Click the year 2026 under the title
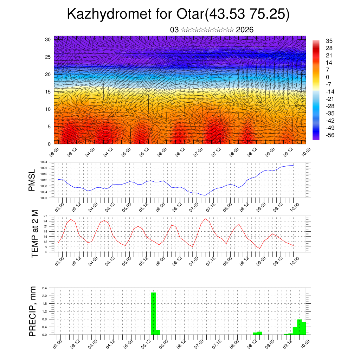(x=245, y=30)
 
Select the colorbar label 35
(x=329, y=41)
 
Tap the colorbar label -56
(x=330, y=135)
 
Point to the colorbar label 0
(x=328, y=77)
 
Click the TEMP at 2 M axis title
(x=35, y=233)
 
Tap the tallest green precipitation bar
(x=153, y=313)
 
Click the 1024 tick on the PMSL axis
(x=44, y=162)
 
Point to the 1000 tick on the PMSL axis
(x=44, y=198)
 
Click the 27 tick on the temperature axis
(x=45, y=216)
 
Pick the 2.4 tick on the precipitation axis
(x=45, y=288)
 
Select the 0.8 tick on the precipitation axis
(x=45, y=319)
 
